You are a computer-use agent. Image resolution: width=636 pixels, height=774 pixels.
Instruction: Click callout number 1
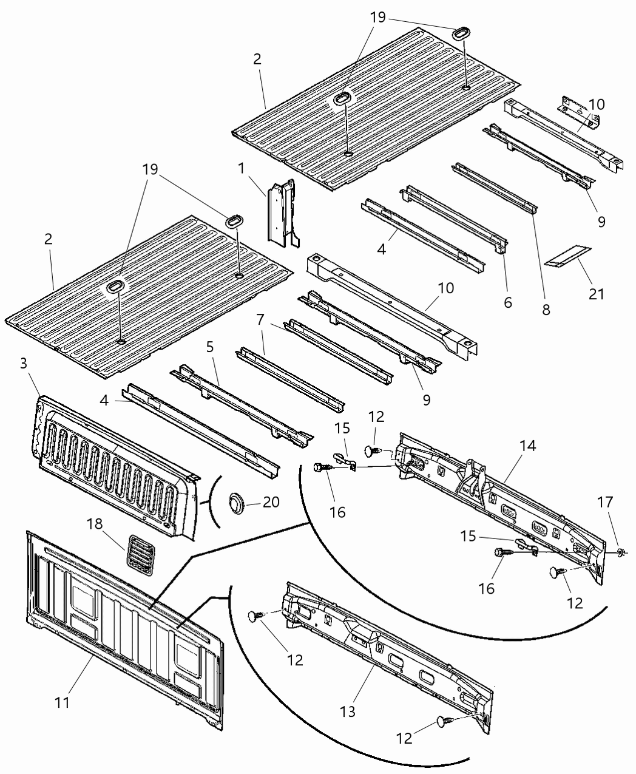(x=242, y=167)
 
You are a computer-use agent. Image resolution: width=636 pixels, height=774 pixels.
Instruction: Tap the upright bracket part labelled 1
(x=279, y=212)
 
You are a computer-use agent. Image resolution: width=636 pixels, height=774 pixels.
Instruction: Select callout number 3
(x=24, y=364)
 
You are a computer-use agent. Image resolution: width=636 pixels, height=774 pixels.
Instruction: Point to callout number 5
(x=210, y=347)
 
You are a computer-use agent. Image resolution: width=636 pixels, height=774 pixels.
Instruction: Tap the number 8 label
(x=546, y=310)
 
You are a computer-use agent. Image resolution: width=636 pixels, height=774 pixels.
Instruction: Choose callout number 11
(x=62, y=702)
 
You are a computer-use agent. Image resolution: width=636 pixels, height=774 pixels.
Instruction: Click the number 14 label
(x=527, y=445)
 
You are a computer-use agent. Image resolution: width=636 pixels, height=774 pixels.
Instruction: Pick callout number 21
(x=597, y=294)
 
